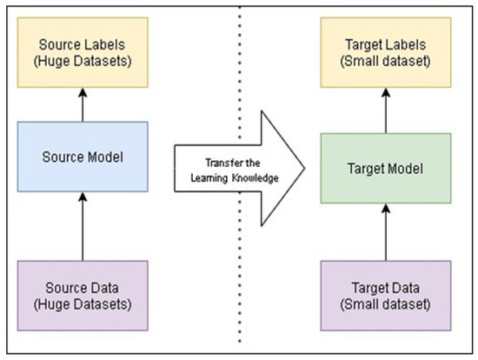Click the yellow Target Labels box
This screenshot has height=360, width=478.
click(x=384, y=52)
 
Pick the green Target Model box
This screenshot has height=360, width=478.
click(x=384, y=168)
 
